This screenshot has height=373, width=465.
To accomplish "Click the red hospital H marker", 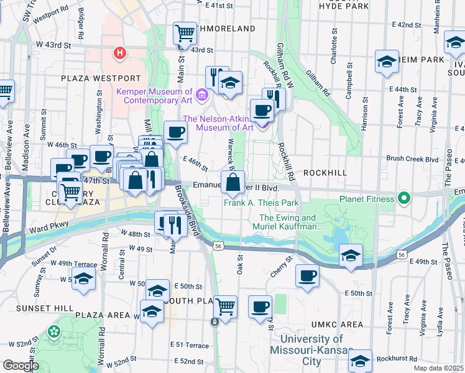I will pos(119,54).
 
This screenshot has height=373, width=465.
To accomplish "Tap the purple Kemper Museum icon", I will pos(201,94).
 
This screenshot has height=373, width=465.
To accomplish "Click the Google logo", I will pos(21,366).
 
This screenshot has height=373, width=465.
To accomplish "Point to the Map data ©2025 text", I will pos(439,368).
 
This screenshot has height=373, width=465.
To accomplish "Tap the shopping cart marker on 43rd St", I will pos(185,34).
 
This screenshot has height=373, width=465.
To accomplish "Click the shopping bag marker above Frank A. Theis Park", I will pos(233,183).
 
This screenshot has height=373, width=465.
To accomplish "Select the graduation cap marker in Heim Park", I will pos(387,62).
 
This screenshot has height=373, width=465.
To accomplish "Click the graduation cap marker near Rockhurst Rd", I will pos(360,361).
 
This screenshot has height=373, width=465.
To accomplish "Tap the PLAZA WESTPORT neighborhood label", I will pos(101,78).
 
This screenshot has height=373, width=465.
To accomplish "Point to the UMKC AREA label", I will pos(343,325).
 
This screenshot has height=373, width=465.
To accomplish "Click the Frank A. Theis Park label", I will pos(261,203).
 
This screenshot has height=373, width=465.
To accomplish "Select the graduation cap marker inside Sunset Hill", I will pos(83,280).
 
